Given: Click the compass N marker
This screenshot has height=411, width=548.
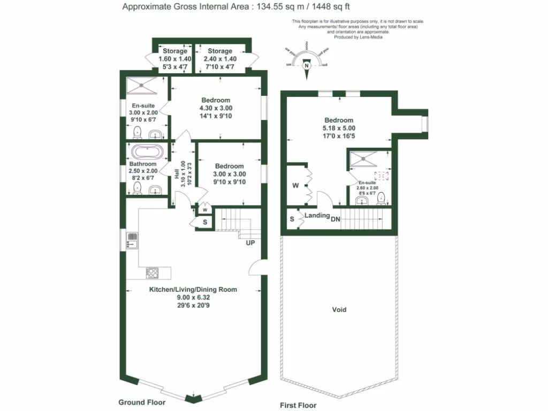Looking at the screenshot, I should coord(307,66).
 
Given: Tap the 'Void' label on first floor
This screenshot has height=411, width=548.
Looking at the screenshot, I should coord(339,309).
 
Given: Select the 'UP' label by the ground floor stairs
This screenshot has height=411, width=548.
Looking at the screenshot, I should coord(250,243).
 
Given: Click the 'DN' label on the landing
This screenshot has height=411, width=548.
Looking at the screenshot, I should coord(335,219).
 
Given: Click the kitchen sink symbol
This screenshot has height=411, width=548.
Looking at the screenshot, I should coord(132,240).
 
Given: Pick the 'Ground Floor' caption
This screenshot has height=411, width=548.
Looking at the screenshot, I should coord(142,402).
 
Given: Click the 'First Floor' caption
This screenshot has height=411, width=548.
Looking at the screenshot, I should coord(299,405).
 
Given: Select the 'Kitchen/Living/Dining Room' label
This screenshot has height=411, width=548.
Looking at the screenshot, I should coord(193,290).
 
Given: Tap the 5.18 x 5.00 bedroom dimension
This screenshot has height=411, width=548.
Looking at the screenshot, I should coord(338,128).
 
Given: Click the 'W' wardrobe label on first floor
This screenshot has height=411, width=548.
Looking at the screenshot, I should coord(295,186).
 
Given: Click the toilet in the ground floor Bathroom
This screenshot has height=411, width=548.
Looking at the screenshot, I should coord(137,187).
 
